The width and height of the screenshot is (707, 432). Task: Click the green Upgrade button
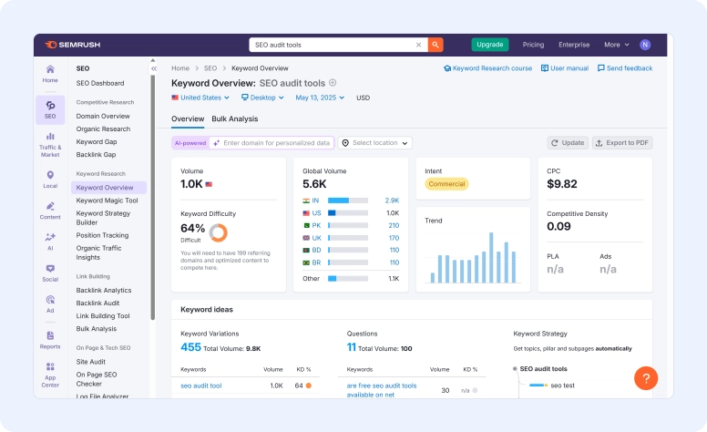click(490, 44)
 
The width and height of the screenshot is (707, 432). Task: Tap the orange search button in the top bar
click(436, 44)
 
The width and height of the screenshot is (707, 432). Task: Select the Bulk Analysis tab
click(234, 118)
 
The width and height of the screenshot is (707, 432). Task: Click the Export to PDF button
click(622, 143)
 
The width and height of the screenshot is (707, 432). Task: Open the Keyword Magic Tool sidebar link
click(107, 201)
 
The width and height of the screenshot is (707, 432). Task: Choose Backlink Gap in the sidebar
click(96, 155)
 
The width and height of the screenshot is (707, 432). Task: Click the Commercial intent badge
click(447, 184)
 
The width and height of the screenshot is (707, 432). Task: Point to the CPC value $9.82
click(562, 184)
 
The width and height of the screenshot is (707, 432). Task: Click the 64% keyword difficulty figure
click(192, 228)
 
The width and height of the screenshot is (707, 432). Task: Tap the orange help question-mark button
click(645, 378)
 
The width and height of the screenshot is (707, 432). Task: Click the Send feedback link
click(625, 68)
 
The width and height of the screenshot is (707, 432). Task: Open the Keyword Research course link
click(487, 68)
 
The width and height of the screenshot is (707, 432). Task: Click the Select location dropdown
click(375, 143)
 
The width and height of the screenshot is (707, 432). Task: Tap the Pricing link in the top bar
click(533, 44)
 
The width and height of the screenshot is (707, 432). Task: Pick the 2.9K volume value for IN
click(392, 201)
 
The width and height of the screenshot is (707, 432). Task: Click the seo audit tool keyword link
click(200, 386)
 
